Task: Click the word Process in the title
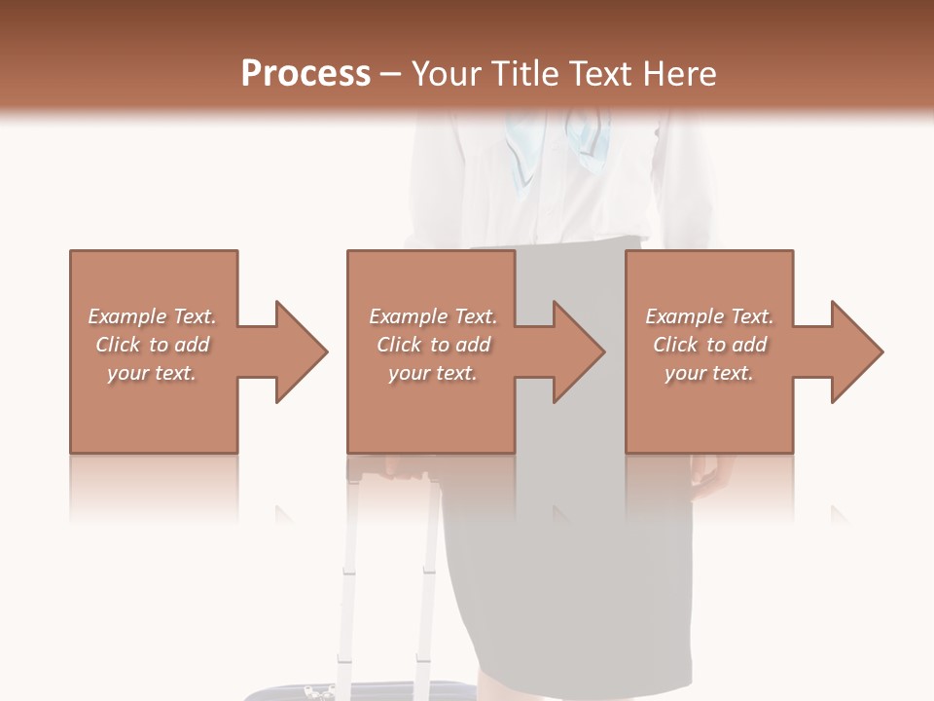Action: click(x=305, y=74)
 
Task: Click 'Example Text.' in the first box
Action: click(x=152, y=316)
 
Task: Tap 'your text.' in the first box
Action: click(x=152, y=373)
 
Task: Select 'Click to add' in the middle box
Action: click(x=433, y=345)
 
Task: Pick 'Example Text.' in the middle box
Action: click(x=433, y=316)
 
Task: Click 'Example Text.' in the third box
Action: click(x=709, y=316)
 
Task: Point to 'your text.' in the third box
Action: click(x=709, y=373)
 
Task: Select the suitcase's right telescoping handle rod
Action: click(x=427, y=584)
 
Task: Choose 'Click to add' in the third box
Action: click(x=709, y=345)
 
